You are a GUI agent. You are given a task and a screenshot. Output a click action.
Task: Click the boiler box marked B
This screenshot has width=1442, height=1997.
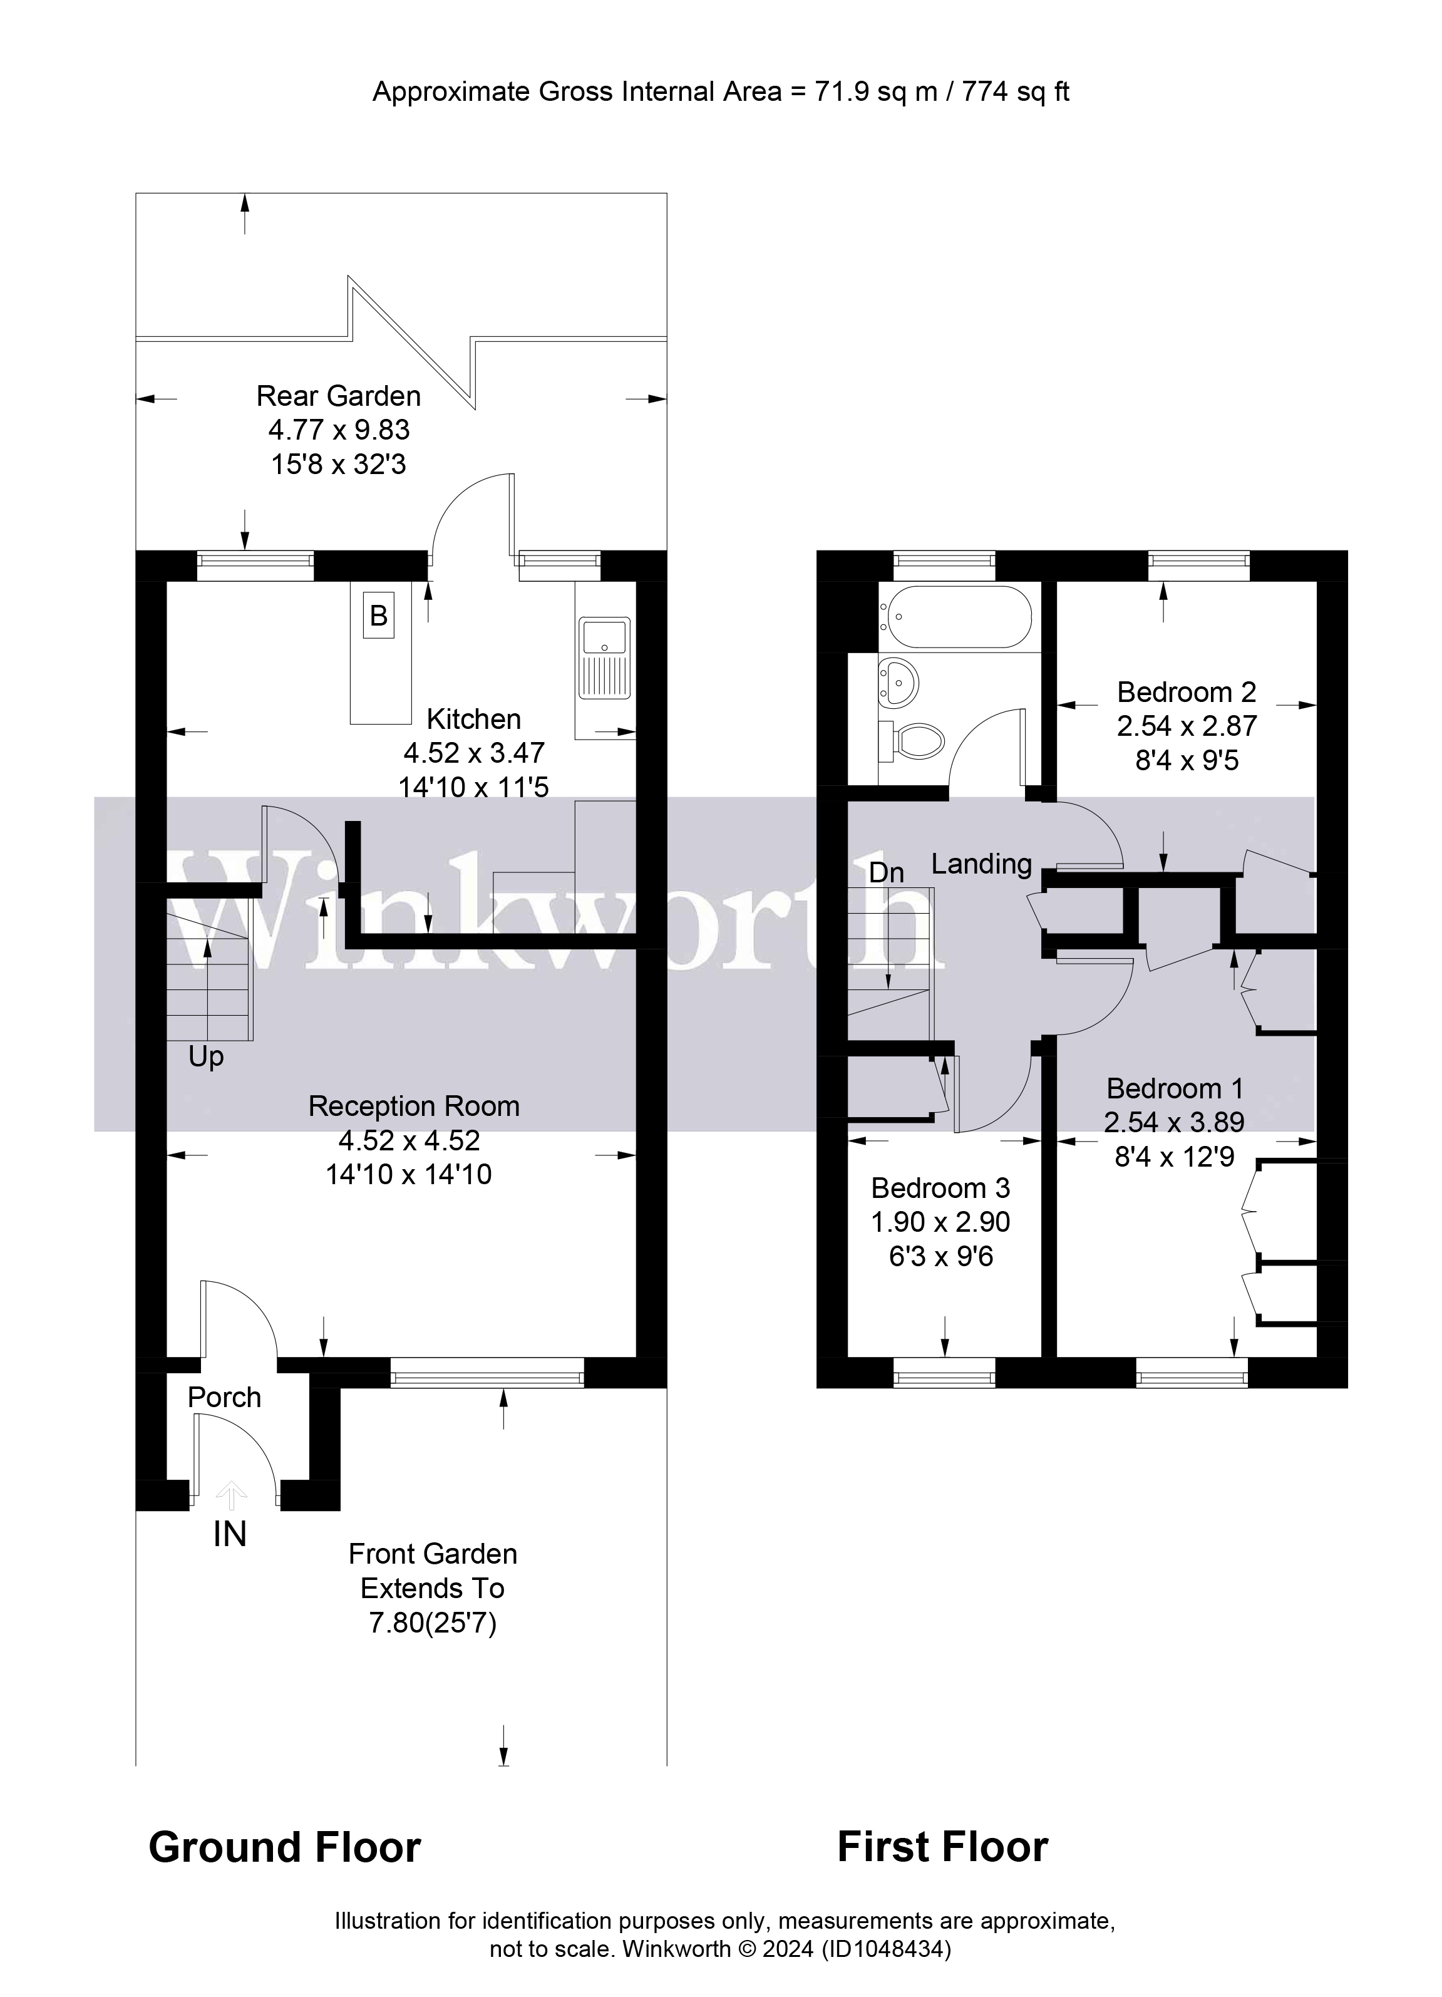tap(379, 616)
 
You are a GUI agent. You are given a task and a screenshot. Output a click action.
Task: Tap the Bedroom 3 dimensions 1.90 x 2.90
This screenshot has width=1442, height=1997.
tap(940, 1222)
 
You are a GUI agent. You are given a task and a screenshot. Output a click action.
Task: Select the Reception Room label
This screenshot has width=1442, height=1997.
tap(414, 1106)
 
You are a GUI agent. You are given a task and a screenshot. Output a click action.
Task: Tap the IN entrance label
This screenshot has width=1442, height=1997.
tap(230, 1535)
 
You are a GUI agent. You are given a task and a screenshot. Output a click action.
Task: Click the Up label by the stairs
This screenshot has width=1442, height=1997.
tap(206, 1056)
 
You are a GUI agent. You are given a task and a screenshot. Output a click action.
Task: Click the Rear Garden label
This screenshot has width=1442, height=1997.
tap(338, 396)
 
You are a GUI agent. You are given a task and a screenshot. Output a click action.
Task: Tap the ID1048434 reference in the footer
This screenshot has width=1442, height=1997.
tap(885, 1949)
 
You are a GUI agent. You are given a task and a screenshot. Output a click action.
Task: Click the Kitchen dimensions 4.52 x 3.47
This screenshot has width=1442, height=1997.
tap(473, 753)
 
